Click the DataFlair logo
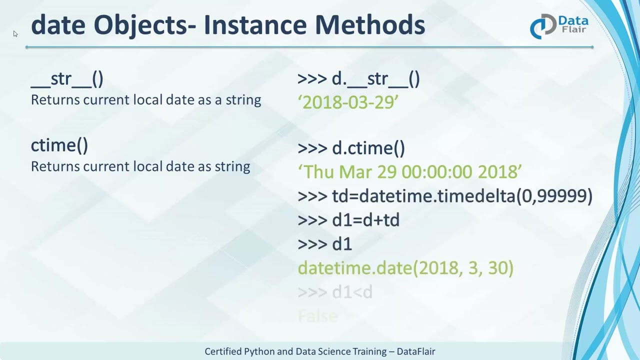pyautogui.click(x=559, y=26)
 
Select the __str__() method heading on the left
pyautogui.click(x=67, y=78)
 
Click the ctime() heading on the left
pyautogui.click(x=59, y=145)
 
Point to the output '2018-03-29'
pyautogui.click(x=348, y=102)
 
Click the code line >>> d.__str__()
pyautogui.click(x=358, y=79)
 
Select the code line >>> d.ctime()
pyautogui.click(x=351, y=148)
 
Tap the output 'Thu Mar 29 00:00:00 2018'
pyautogui.click(x=409, y=171)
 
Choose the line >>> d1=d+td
pyautogui.click(x=348, y=220)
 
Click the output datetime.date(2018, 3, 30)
pyautogui.click(x=405, y=268)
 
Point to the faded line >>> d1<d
pyautogui.click(x=335, y=292)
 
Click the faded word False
pyautogui.click(x=318, y=315)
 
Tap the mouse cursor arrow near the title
pyautogui.click(x=15, y=33)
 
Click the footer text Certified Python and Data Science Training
pyautogui.click(x=295, y=351)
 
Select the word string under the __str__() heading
pyautogui.click(x=243, y=100)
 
